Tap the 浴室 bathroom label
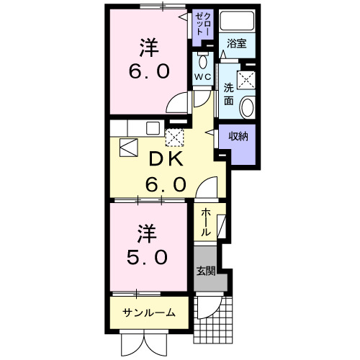click(237, 43)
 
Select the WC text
click(202, 74)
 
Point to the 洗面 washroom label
click(228, 94)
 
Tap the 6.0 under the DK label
click(167, 184)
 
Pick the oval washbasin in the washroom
click(247, 107)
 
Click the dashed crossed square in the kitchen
click(174, 138)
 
